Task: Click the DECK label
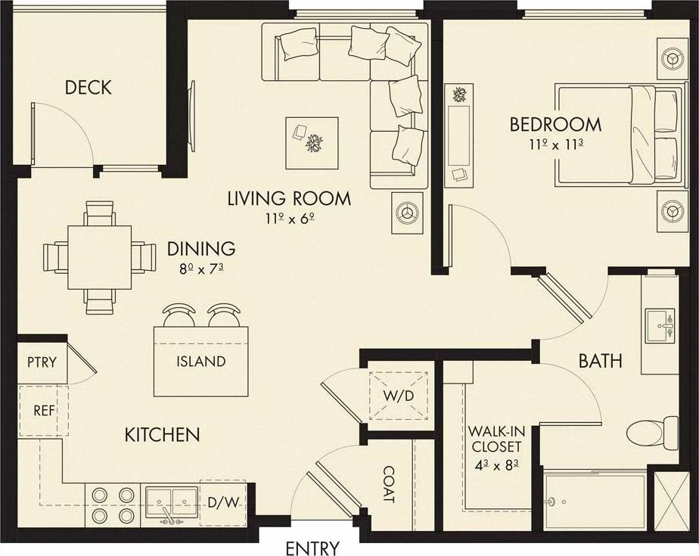click(89, 88)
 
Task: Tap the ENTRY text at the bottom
click(312, 548)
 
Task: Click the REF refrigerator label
click(42, 411)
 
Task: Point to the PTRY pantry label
click(42, 362)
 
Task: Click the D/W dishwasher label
click(222, 502)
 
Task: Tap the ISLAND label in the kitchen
click(200, 361)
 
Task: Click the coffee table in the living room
click(312, 142)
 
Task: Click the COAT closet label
click(388, 484)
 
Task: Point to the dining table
click(99, 257)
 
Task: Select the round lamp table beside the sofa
click(409, 213)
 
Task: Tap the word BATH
click(600, 361)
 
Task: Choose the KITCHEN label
click(162, 434)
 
